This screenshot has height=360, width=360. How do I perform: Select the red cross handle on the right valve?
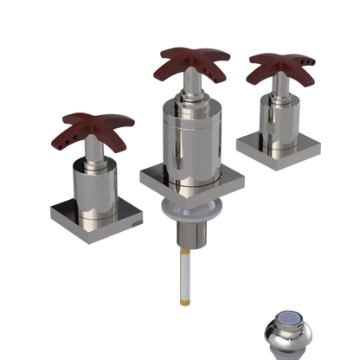(x=281, y=69)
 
